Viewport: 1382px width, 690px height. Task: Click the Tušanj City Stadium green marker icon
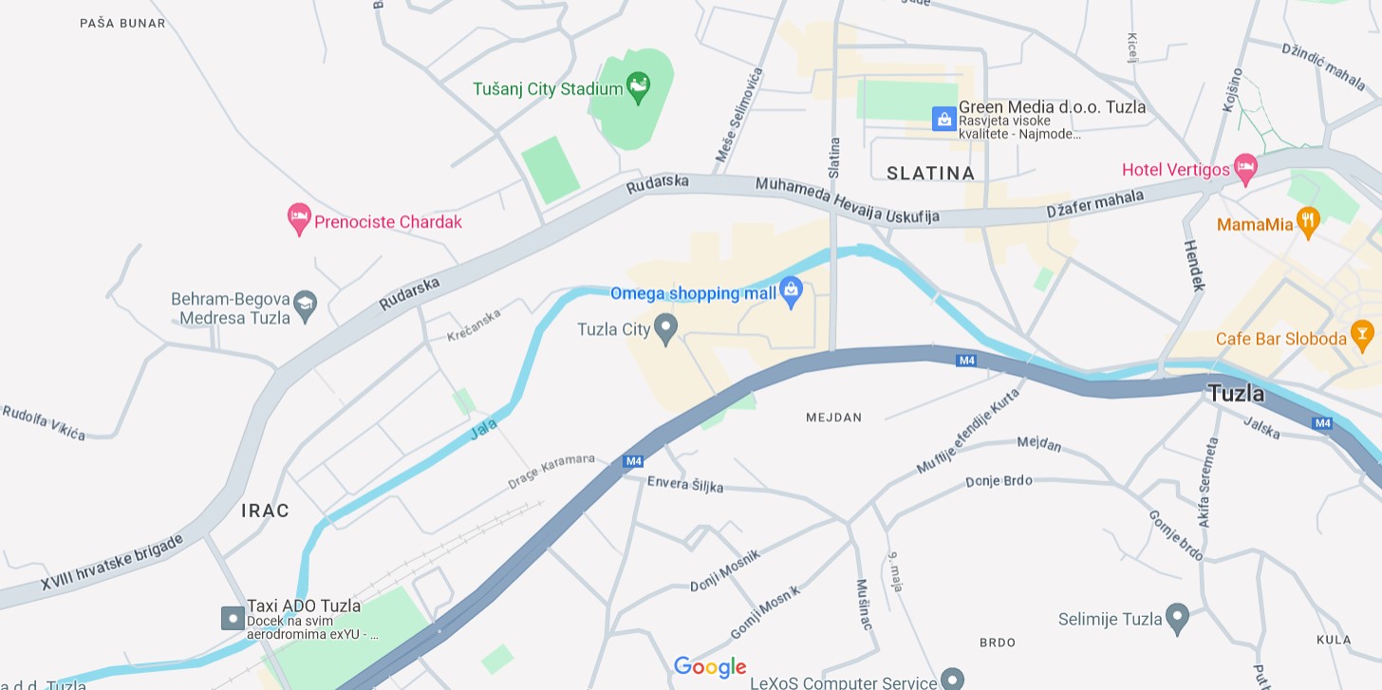pos(639,88)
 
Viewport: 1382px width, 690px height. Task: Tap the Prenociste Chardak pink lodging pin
pos(299,219)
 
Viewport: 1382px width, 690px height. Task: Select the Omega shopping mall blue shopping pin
pos(792,292)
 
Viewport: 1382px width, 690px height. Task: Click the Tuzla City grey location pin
pos(666,328)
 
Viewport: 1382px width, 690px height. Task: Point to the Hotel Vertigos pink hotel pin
pos(1245,169)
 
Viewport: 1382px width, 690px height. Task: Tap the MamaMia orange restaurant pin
pos(1308,223)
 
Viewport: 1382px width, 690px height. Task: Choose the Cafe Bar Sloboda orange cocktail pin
pos(1362,337)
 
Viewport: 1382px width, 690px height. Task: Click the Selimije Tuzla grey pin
pos(1177,618)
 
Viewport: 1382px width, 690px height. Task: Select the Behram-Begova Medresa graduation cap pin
pos(305,306)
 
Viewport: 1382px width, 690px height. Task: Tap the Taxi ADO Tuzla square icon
pos(233,618)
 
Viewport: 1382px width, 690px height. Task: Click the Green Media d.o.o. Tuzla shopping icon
pos(943,119)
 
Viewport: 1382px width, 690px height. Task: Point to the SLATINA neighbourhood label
pos(930,173)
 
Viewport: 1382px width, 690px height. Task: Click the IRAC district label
pos(265,511)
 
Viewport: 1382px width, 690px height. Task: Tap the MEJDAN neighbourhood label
pos(833,418)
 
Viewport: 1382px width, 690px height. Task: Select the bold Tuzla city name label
pos(1236,393)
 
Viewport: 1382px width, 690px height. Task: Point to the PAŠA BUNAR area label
pos(122,23)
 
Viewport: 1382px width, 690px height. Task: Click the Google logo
pos(710,667)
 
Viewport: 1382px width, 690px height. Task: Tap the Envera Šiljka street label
pos(684,484)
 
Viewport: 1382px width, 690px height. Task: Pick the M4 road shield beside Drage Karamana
pos(633,461)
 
